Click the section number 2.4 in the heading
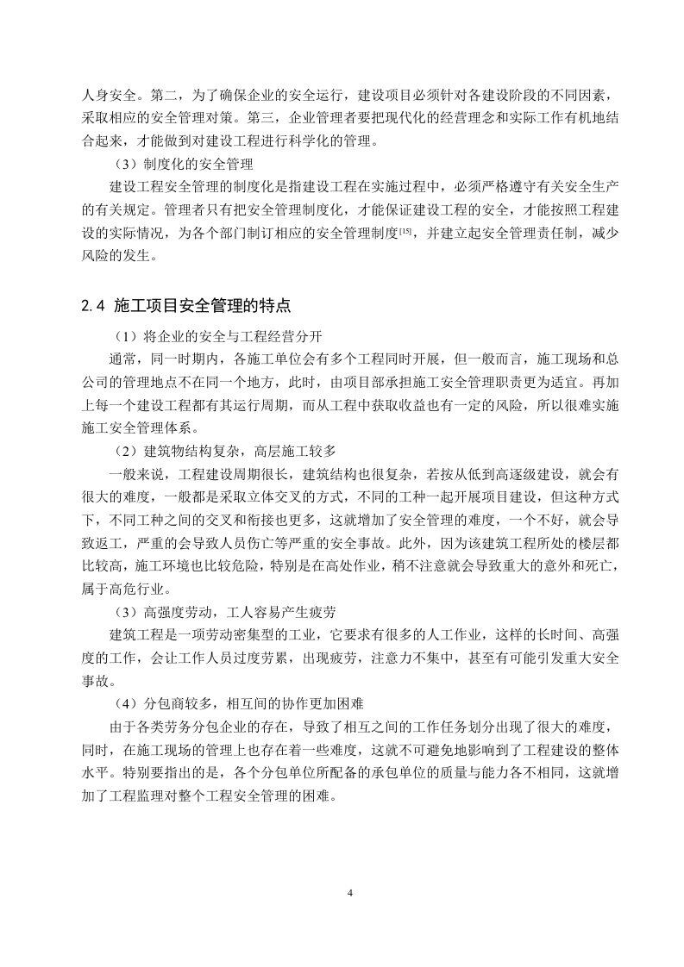click(92, 304)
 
